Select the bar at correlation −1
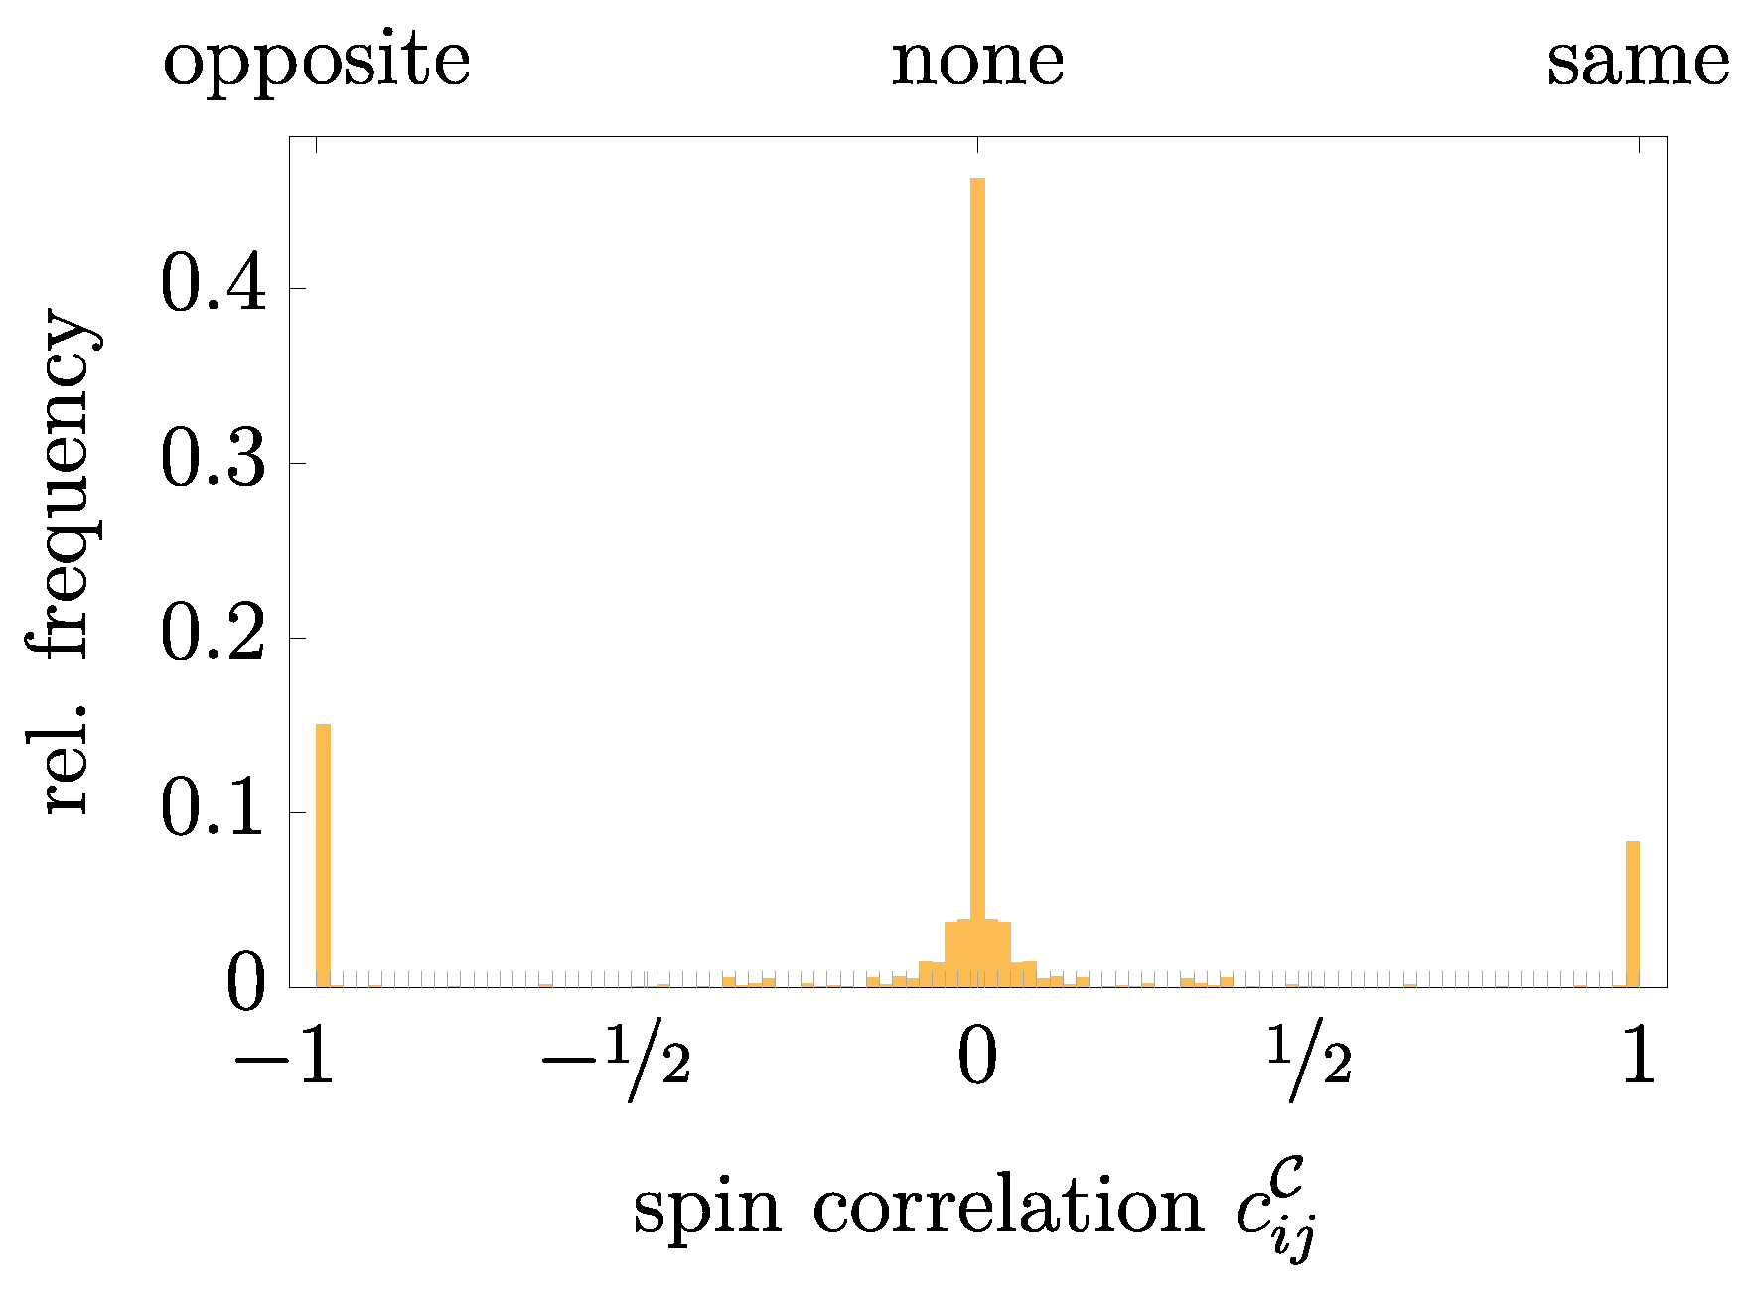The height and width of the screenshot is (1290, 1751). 323,854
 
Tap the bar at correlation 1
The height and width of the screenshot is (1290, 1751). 1632,914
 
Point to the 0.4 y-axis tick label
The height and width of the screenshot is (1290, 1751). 214,287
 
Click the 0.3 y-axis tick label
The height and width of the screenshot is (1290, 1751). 214,462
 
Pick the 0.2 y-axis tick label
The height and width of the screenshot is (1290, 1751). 214,637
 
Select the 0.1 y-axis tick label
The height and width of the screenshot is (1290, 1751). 214,811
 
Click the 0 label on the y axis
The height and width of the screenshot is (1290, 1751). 246,985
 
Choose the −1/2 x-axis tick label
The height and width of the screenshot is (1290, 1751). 615,1062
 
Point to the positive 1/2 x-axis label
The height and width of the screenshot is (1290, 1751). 1309,1062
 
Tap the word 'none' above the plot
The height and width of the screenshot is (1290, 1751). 977,62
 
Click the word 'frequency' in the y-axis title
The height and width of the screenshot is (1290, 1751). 65,487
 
